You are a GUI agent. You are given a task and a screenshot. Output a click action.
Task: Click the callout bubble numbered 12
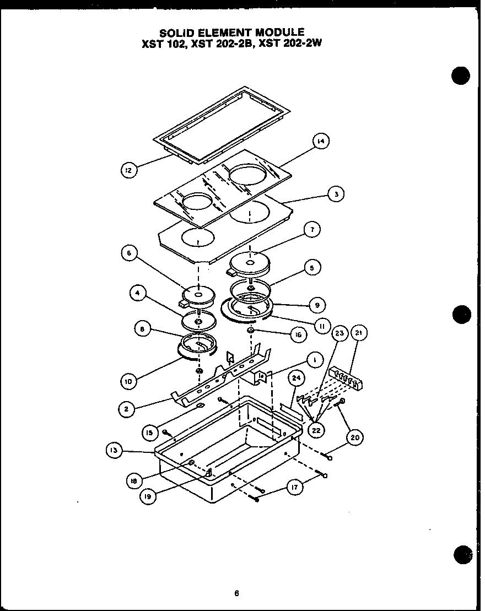[128, 171]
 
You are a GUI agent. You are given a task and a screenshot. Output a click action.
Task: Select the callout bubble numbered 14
[320, 142]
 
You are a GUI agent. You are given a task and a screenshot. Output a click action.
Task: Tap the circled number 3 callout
[336, 194]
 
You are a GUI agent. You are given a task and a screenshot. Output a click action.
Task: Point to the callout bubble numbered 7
[312, 230]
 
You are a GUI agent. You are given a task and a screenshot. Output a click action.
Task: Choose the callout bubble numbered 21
[360, 333]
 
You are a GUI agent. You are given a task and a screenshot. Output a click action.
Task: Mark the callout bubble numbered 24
[297, 377]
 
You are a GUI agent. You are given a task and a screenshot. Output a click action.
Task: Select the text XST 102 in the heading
[163, 44]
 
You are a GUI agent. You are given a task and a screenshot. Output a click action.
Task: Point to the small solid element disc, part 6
[197, 296]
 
